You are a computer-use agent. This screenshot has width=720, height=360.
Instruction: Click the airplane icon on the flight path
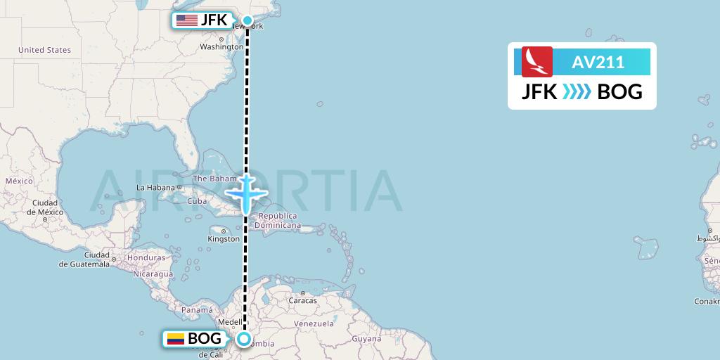[x=245, y=193]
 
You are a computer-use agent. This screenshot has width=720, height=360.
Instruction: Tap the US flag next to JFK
[x=187, y=20]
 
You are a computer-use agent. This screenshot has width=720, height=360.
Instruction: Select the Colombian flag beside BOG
[x=175, y=339]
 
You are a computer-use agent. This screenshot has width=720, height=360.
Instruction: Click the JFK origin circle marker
[x=247, y=20]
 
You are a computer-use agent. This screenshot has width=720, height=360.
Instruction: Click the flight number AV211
[x=598, y=63]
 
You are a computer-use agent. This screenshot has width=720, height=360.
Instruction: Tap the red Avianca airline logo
[x=537, y=62]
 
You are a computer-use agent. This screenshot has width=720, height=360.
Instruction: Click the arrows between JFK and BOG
[x=577, y=92]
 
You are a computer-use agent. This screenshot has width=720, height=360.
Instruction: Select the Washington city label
[x=221, y=47]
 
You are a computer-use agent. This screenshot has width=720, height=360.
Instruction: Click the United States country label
[x=45, y=50]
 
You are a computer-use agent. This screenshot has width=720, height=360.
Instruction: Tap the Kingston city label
[x=224, y=239]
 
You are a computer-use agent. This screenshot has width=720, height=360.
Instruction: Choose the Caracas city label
[x=302, y=301]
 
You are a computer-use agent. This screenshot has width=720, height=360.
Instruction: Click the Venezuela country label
[x=313, y=323]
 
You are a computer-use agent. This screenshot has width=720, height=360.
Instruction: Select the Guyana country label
[x=366, y=339]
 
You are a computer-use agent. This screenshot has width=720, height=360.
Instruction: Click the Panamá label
[x=197, y=309]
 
